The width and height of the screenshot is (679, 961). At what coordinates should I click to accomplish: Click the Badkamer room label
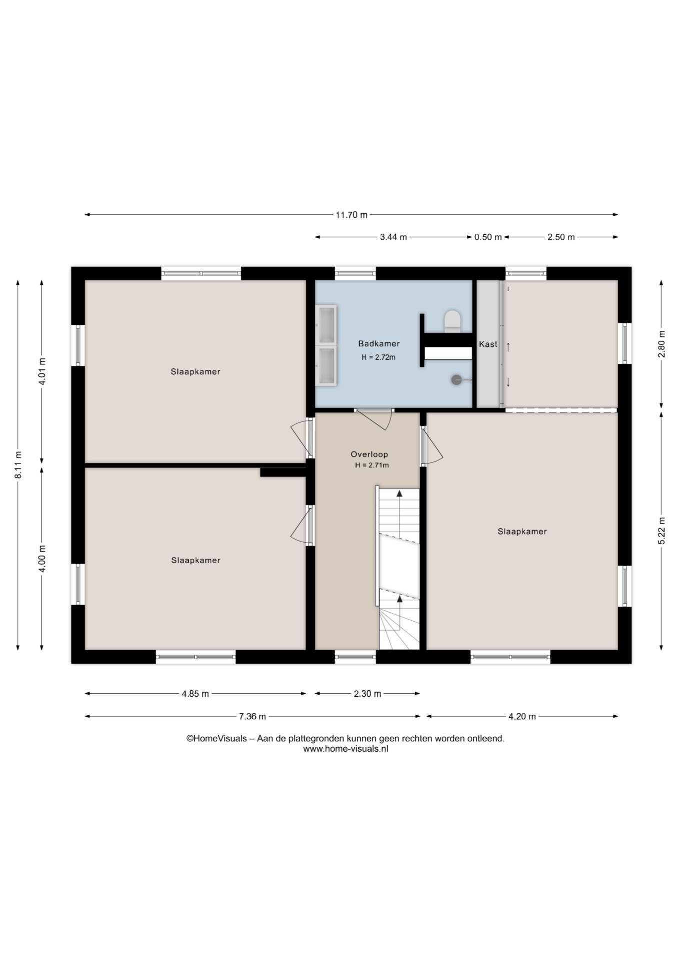click(x=378, y=344)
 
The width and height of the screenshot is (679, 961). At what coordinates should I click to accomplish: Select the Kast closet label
click(x=488, y=344)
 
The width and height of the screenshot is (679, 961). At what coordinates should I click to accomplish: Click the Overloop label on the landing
click(x=369, y=454)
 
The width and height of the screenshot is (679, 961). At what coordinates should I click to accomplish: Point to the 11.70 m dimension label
click(x=351, y=215)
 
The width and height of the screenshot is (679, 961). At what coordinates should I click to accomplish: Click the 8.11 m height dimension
click(x=18, y=465)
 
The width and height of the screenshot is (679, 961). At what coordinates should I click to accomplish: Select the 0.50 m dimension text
click(x=488, y=237)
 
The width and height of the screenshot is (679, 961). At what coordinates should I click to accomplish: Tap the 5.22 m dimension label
click(x=661, y=531)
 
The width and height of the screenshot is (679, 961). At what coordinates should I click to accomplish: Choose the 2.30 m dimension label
click(x=367, y=694)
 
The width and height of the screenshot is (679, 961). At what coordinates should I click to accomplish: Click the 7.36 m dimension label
click(x=252, y=716)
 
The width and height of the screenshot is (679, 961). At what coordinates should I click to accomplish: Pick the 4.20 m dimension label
click(x=522, y=716)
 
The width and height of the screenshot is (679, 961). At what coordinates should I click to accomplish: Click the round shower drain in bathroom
click(x=456, y=380)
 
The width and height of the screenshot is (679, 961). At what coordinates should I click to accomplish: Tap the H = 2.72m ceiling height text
click(x=378, y=357)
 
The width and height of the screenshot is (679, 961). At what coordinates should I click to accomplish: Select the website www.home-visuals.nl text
click(x=345, y=749)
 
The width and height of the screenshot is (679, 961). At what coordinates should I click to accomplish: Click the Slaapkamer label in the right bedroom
click(x=522, y=532)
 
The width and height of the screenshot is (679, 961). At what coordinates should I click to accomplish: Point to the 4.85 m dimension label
click(x=195, y=694)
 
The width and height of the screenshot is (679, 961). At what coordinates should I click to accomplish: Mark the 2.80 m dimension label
click(x=661, y=344)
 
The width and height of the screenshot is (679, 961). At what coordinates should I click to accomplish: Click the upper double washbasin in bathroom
click(x=326, y=325)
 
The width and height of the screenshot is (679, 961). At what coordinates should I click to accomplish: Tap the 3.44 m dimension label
click(x=393, y=237)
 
